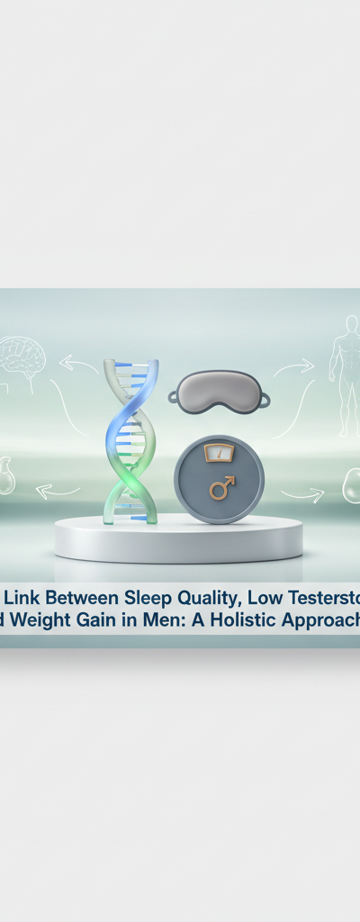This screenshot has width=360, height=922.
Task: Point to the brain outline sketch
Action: pyautogui.click(x=22, y=354)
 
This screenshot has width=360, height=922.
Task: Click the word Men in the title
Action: pyautogui.click(x=165, y=619)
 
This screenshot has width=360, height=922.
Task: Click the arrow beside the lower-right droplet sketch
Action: pyautogui.click(x=302, y=494)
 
